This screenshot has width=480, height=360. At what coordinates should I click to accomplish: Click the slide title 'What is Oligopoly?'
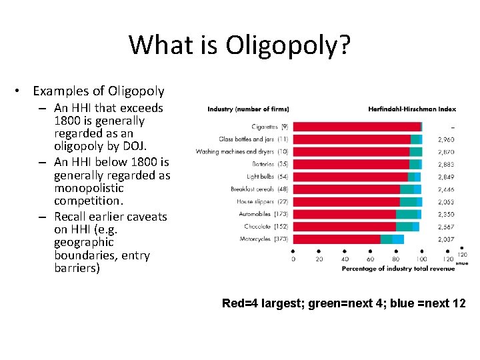pos(240,45)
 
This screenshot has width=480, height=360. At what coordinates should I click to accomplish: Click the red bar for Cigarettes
pos(357,127)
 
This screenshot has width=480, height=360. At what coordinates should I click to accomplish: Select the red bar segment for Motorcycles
pos(337,239)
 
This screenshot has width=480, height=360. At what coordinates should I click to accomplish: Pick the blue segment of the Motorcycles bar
pos(398,239)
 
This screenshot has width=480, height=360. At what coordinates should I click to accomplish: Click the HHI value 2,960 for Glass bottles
pos(446,139)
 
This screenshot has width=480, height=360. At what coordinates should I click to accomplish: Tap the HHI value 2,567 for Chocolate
pos(446,227)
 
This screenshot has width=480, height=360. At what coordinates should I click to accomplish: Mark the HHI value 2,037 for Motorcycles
pos(446,239)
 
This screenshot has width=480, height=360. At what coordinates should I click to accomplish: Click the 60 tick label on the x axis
pos(371,259)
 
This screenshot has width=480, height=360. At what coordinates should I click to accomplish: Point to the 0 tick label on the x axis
pos(294,259)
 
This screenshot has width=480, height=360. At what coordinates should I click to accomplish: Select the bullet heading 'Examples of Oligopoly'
pos(98,91)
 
